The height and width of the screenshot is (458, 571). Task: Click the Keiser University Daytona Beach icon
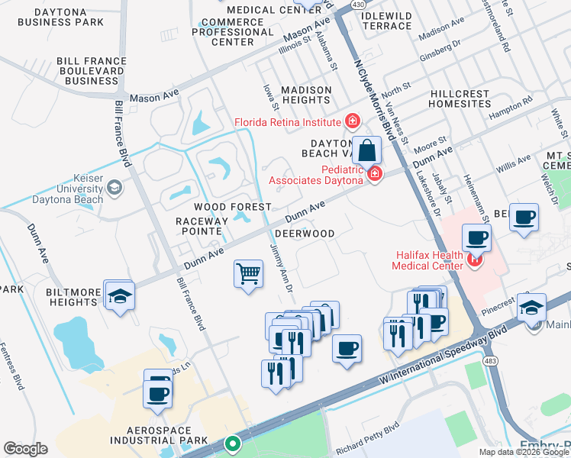coord(115,187)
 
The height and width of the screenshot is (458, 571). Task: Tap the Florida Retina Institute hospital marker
coord(352,121)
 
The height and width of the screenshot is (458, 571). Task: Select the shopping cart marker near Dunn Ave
coord(248,273)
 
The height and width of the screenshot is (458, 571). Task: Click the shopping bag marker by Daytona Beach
coord(367,150)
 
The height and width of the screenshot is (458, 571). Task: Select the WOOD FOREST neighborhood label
coord(232,208)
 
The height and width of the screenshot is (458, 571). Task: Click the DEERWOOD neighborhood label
coord(305,234)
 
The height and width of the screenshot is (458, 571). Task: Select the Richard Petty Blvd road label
coord(367,442)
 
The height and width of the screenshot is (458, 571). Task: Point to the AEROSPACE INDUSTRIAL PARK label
coord(159,434)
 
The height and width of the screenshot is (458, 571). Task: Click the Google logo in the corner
coord(25,449)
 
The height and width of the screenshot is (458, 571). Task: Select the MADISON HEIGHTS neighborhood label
coord(306,95)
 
